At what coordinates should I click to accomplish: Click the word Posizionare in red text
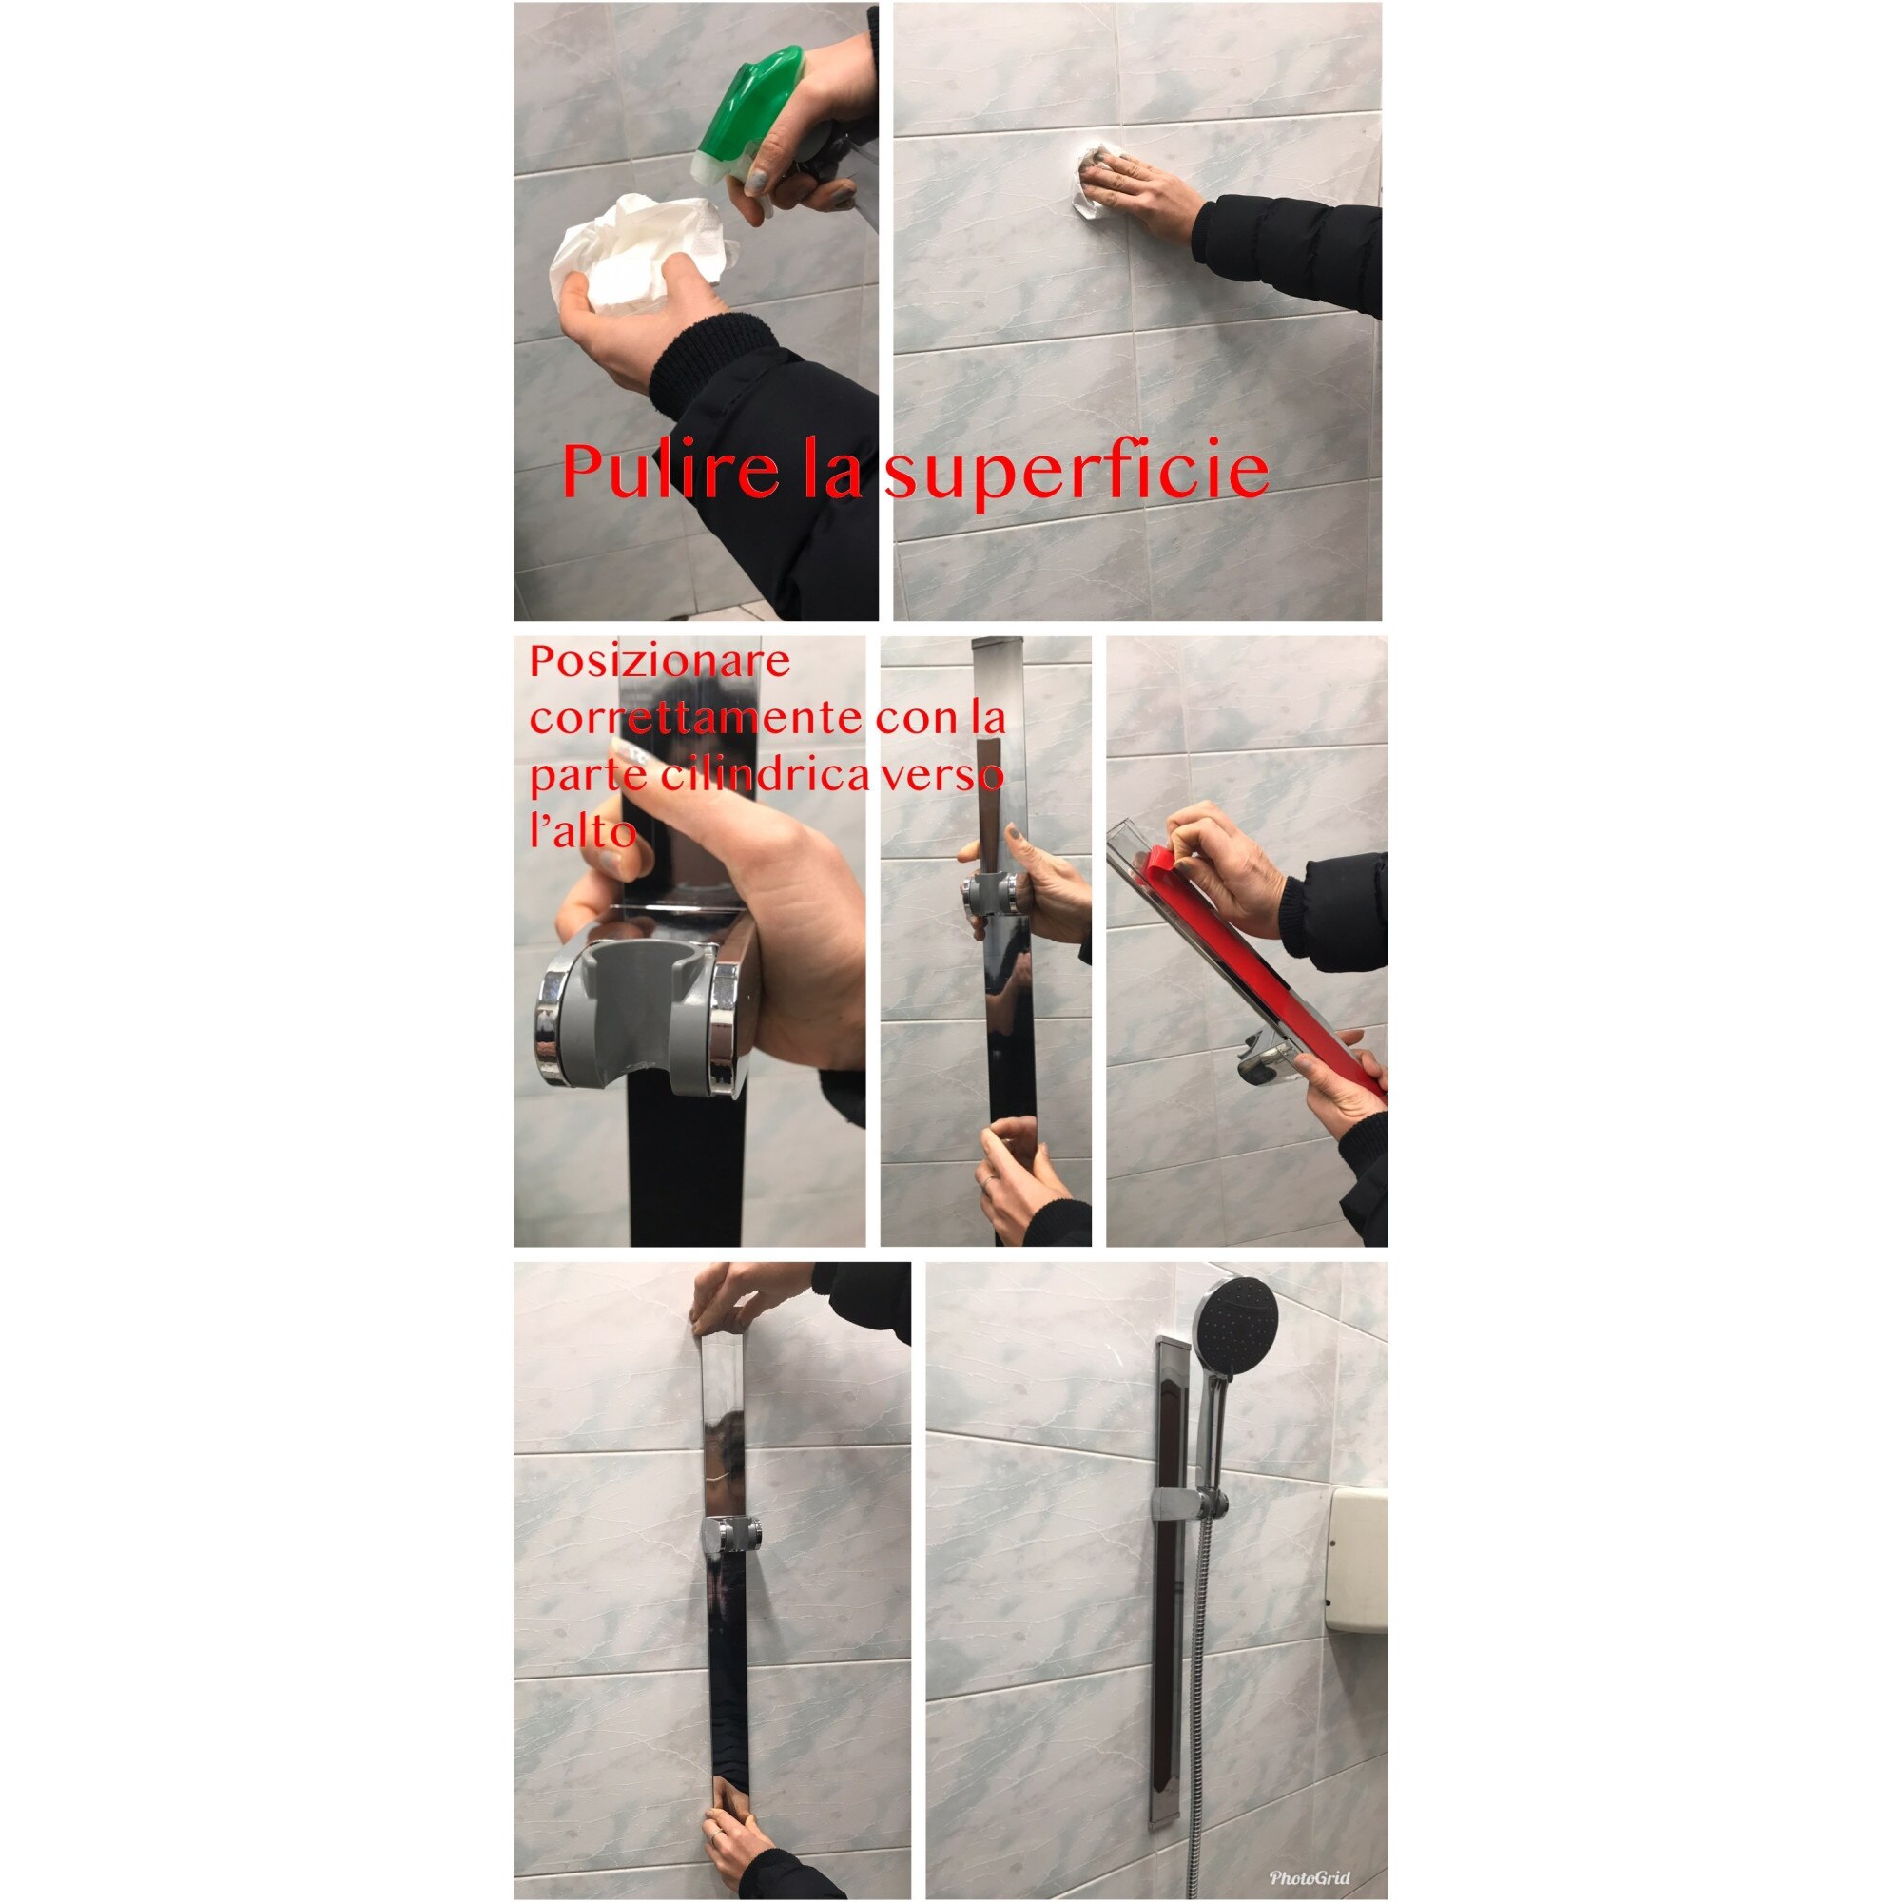point(660,662)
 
